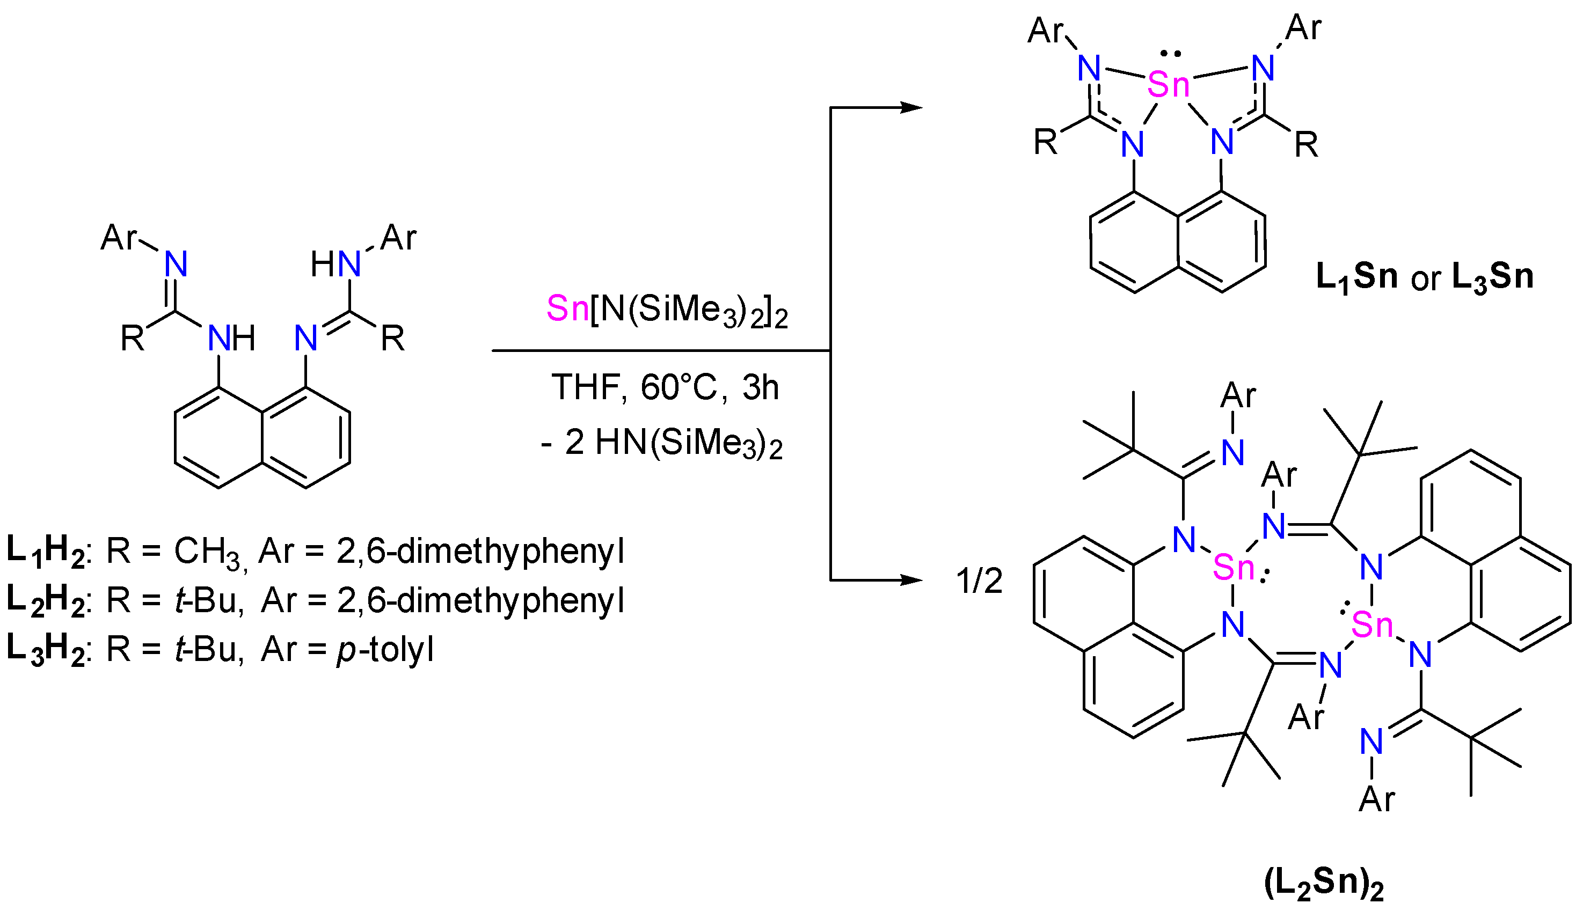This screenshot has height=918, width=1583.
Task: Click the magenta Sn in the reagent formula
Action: pos(567,309)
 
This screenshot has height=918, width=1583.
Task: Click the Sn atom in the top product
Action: pos(1169,84)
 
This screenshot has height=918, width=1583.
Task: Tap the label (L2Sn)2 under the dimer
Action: pos(1324,884)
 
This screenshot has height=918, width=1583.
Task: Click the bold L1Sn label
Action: pos(1357,276)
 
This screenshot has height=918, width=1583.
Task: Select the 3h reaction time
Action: pos(760,387)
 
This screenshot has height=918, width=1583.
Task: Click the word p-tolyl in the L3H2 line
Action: pos(385,649)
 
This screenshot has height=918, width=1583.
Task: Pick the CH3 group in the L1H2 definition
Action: pos(207,552)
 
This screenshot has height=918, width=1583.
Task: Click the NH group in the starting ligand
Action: pos(231,339)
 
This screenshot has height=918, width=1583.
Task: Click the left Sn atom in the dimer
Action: pos(1234,568)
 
